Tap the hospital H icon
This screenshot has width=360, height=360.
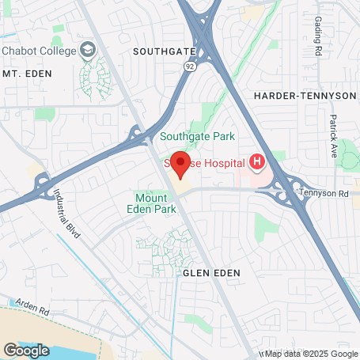pyautogui.click(x=256, y=163)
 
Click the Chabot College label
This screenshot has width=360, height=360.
pyautogui.click(x=41, y=51)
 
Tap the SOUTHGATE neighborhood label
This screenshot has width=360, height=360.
pyautogui.click(x=164, y=51)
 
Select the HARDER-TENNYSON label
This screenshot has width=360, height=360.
pyautogui.click(x=305, y=95)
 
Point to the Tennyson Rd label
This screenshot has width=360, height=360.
pyautogui.click(x=324, y=192)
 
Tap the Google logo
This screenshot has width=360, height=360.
pyautogui.click(x=26, y=350)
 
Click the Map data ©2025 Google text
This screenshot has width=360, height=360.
pyautogui.click(x=311, y=354)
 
